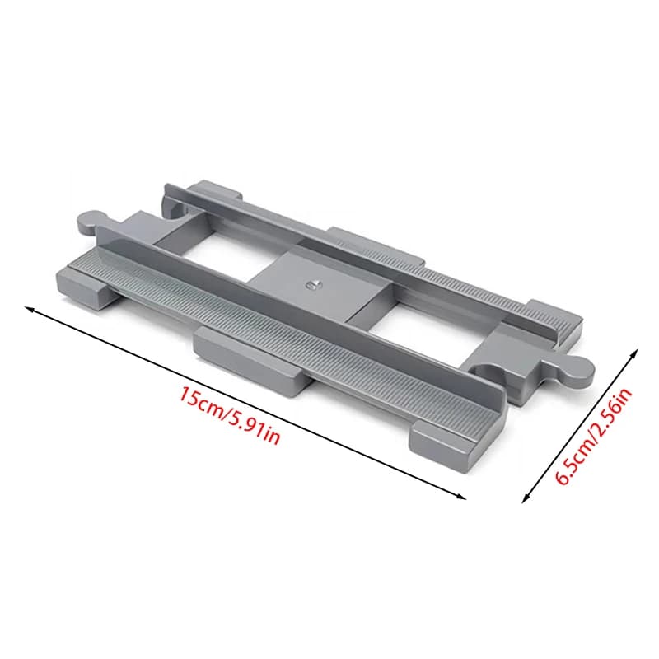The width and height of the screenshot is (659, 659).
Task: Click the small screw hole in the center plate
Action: point(311,285)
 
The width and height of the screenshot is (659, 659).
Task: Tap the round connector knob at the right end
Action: point(577,372)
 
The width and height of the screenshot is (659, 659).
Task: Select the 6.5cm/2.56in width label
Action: point(595,437)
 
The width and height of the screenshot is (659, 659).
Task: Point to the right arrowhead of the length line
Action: point(461,497)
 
